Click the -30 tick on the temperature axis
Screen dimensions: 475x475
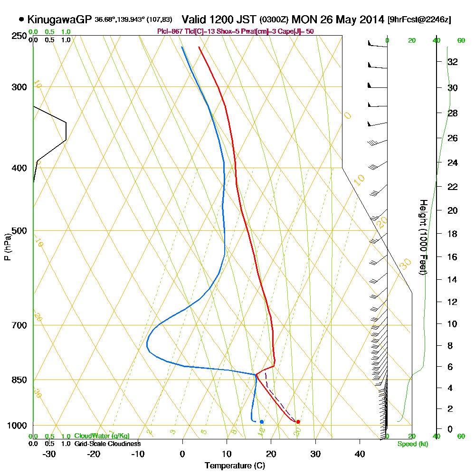49,454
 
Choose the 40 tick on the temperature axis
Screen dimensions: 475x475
360,454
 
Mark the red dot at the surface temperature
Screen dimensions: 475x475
298,422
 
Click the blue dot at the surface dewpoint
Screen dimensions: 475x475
262,422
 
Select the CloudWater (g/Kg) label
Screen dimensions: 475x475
101,436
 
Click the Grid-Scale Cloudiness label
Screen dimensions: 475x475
107,444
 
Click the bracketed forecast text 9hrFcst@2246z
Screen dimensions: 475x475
419,19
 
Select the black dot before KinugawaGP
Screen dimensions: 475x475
21,19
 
